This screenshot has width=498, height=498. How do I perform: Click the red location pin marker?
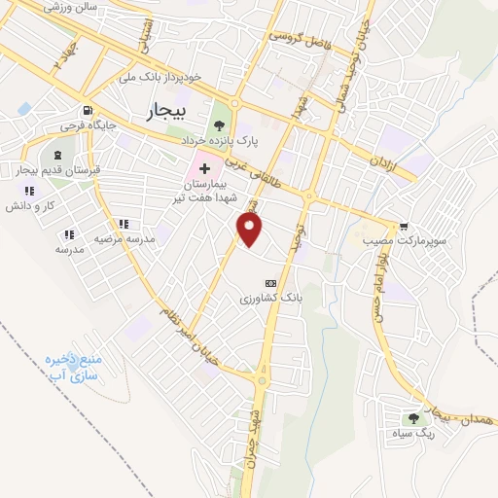point(251,230)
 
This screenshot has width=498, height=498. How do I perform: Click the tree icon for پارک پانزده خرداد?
point(218,124)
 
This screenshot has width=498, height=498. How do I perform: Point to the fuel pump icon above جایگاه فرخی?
point(89,110)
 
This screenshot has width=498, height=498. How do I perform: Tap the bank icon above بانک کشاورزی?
point(270,283)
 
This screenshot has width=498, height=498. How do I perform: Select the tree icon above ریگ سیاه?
point(414,418)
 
